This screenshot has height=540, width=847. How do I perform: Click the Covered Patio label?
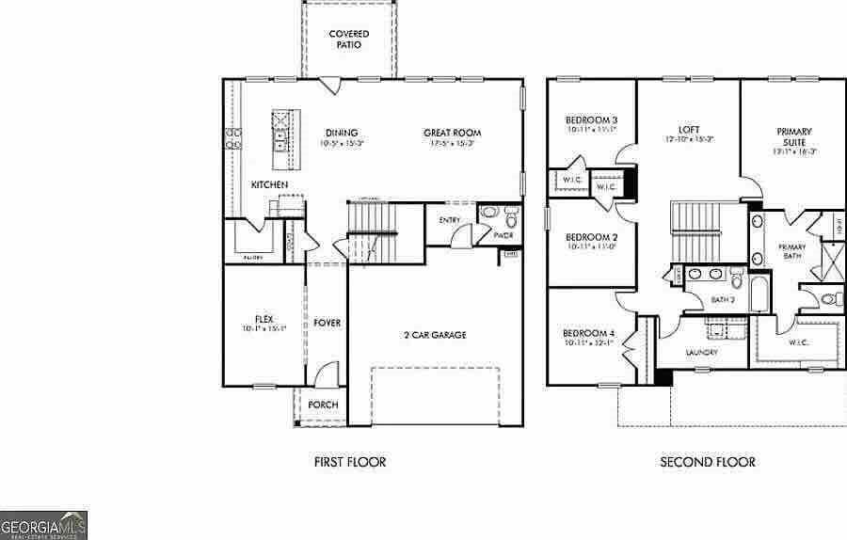pyautogui.click(x=348, y=40)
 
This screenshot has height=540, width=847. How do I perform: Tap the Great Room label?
pyautogui.click(x=452, y=133)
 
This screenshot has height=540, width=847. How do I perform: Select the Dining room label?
pyautogui.click(x=342, y=133)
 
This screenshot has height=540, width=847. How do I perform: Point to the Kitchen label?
pyautogui.click(x=269, y=185)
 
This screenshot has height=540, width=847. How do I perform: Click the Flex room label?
pyautogui.click(x=264, y=319)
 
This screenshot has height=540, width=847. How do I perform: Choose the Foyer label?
pyautogui.click(x=327, y=323)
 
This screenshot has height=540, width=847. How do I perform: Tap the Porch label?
pyautogui.click(x=323, y=405)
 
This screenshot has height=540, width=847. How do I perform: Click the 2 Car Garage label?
pyautogui.click(x=435, y=335)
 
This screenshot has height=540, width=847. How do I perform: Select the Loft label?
pyautogui.click(x=689, y=131)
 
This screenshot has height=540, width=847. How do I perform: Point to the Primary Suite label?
pyautogui.click(x=794, y=136)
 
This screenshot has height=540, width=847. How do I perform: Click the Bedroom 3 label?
pyautogui.click(x=591, y=120)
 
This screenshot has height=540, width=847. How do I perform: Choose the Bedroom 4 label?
pyautogui.click(x=588, y=334)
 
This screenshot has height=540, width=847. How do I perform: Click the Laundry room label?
pyautogui.click(x=702, y=353)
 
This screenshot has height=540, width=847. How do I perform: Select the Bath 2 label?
pyautogui.click(x=722, y=300)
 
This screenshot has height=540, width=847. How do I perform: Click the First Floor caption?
pyautogui.click(x=349, y=462)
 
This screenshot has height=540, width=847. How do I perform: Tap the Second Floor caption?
pyautogui.click(x=707, y=462)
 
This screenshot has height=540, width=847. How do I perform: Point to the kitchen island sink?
pyautogui.click(x=280, y=141)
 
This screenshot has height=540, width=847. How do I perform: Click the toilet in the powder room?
pyautogui.click(x=512, y=221)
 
